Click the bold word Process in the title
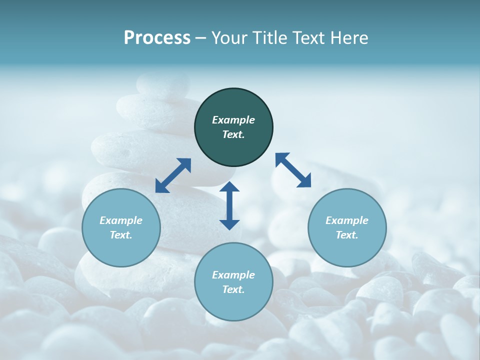pyautogui.click(x=157, y=38)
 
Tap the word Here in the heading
pyautogui.click(x=349, y=38)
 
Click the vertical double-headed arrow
pyautogui.click(x=229, y=205)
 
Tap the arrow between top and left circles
pyautogui.click(x=173, y=175)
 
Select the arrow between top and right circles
pyautogui.click(x=293, y=170)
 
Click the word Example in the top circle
pyautogui.click(x=233, y=120)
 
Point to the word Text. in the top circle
pyautogui.click(x=233, y=134)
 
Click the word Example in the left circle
pyautogui.click(x=121, y=220)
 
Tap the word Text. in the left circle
pyautogui.click(x=121, y=235)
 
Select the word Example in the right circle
pyautogui.click(x=347, y=220)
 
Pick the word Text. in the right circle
pyautogui.click(x=347, y=235)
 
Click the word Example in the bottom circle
pyautogui.click(x=233, y=275)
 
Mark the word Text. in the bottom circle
pyautogui.click(x=233, y=289)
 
